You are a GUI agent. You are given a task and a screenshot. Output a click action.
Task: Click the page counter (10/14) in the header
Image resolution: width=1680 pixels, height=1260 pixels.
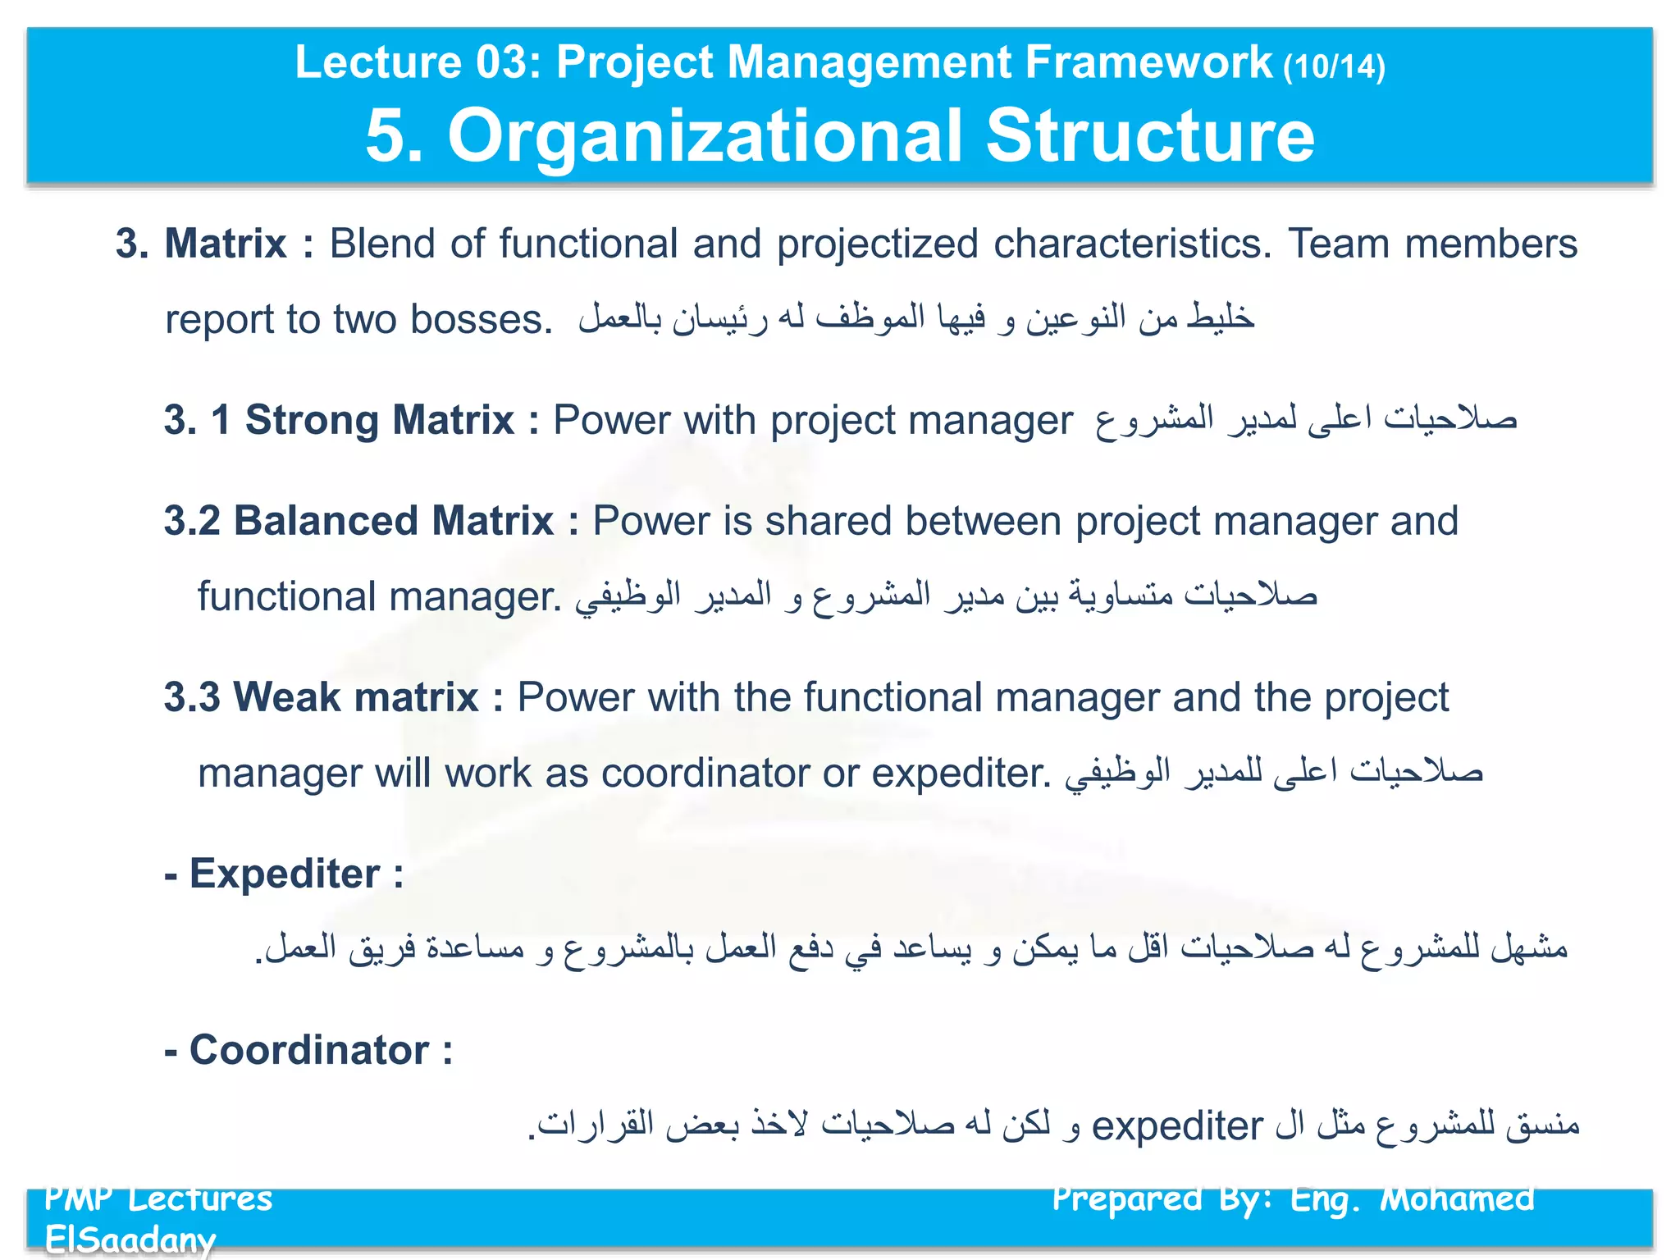pyautogui.click(x=1334, y=66)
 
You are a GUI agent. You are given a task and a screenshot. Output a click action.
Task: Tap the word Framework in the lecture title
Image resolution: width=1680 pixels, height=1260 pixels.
pyautogui.click(x=1148, y=62)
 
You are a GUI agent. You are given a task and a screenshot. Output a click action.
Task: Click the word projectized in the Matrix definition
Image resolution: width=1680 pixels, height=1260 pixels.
pyautogui.click(x=878, y=244)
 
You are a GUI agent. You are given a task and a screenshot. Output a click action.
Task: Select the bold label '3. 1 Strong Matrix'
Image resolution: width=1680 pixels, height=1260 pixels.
pyautogui.click(x=339, y=420)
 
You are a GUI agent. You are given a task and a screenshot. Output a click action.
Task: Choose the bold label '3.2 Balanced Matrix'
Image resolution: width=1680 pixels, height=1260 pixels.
pyautogui.click(x=358, y=521)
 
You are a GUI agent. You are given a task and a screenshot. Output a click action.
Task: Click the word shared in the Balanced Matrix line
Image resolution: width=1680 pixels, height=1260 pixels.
pyautogui.click(x=828, y=521)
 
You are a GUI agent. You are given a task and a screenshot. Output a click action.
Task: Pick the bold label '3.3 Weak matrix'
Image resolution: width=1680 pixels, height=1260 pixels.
pyautogui.click(x=321, y=697)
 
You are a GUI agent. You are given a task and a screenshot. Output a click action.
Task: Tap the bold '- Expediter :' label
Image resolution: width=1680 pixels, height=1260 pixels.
pyautogui.click(x=284, y=874)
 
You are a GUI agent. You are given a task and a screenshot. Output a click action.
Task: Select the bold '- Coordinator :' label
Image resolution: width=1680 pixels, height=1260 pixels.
pyautogui.click(x=308, y=1050)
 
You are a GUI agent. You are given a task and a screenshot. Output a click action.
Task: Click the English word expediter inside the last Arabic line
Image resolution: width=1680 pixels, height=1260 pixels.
pyautogui.click(x=1176, y=1125)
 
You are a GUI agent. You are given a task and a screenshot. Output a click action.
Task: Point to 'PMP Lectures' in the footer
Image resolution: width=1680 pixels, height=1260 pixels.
pyautogui.click(x=158, y=1199)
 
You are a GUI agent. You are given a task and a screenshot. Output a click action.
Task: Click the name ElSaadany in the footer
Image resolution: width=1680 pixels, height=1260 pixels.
pyautogui.click(x=130, y=1239)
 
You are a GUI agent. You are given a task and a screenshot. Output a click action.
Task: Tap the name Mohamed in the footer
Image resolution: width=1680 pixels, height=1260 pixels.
pyautogui.click(x=1457, y=1199)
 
